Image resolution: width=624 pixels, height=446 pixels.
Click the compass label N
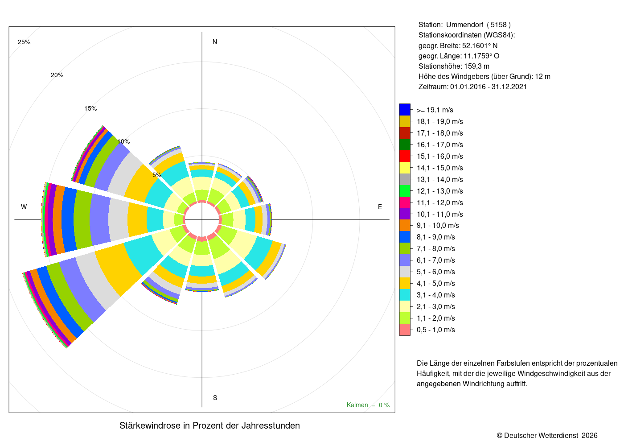(214, 42)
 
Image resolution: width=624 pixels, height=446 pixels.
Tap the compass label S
(215, 398)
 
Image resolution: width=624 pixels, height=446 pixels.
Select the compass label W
(24, 207)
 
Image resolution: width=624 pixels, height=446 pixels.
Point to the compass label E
(380, 207)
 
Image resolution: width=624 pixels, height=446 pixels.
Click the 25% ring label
(24, 42)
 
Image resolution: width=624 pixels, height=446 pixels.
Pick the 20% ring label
(57, 75)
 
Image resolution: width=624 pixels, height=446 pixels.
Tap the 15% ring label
(90, 108)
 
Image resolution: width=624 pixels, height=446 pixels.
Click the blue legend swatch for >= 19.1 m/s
(405, 110)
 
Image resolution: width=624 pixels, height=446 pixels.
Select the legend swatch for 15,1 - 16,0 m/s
(405, 156)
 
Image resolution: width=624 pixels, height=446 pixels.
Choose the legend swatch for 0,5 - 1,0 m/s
(405, 330)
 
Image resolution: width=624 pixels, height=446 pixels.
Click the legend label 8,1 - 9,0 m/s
(436, 237)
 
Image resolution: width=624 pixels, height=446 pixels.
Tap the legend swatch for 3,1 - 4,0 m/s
(405, 295)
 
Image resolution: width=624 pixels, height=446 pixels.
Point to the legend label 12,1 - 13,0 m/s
(439, 191)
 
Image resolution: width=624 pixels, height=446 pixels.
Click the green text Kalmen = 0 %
(368, 405)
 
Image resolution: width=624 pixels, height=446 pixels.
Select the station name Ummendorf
(464, 25)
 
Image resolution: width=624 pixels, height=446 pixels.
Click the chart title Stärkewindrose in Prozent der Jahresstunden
(209, 425)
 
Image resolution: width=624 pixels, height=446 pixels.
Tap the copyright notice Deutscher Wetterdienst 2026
(547, 436)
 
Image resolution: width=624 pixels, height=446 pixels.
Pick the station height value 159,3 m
(476, 66)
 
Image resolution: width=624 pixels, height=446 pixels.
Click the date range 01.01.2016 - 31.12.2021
(489, 87)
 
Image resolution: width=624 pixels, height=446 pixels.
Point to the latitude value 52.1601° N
(480, 45)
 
